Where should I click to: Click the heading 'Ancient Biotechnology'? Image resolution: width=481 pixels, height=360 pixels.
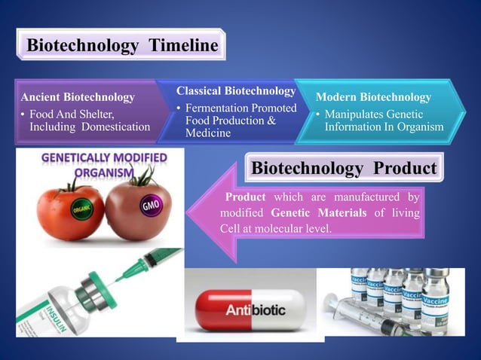click(78, 97)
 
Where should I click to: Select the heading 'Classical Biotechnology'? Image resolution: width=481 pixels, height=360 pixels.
click(236, 91)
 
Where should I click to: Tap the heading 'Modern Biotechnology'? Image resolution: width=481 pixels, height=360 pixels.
click(373, 97)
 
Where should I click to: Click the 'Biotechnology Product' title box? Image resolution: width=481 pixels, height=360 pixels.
click(344, 167)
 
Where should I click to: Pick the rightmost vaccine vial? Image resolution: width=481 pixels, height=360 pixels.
click(434, 301)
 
